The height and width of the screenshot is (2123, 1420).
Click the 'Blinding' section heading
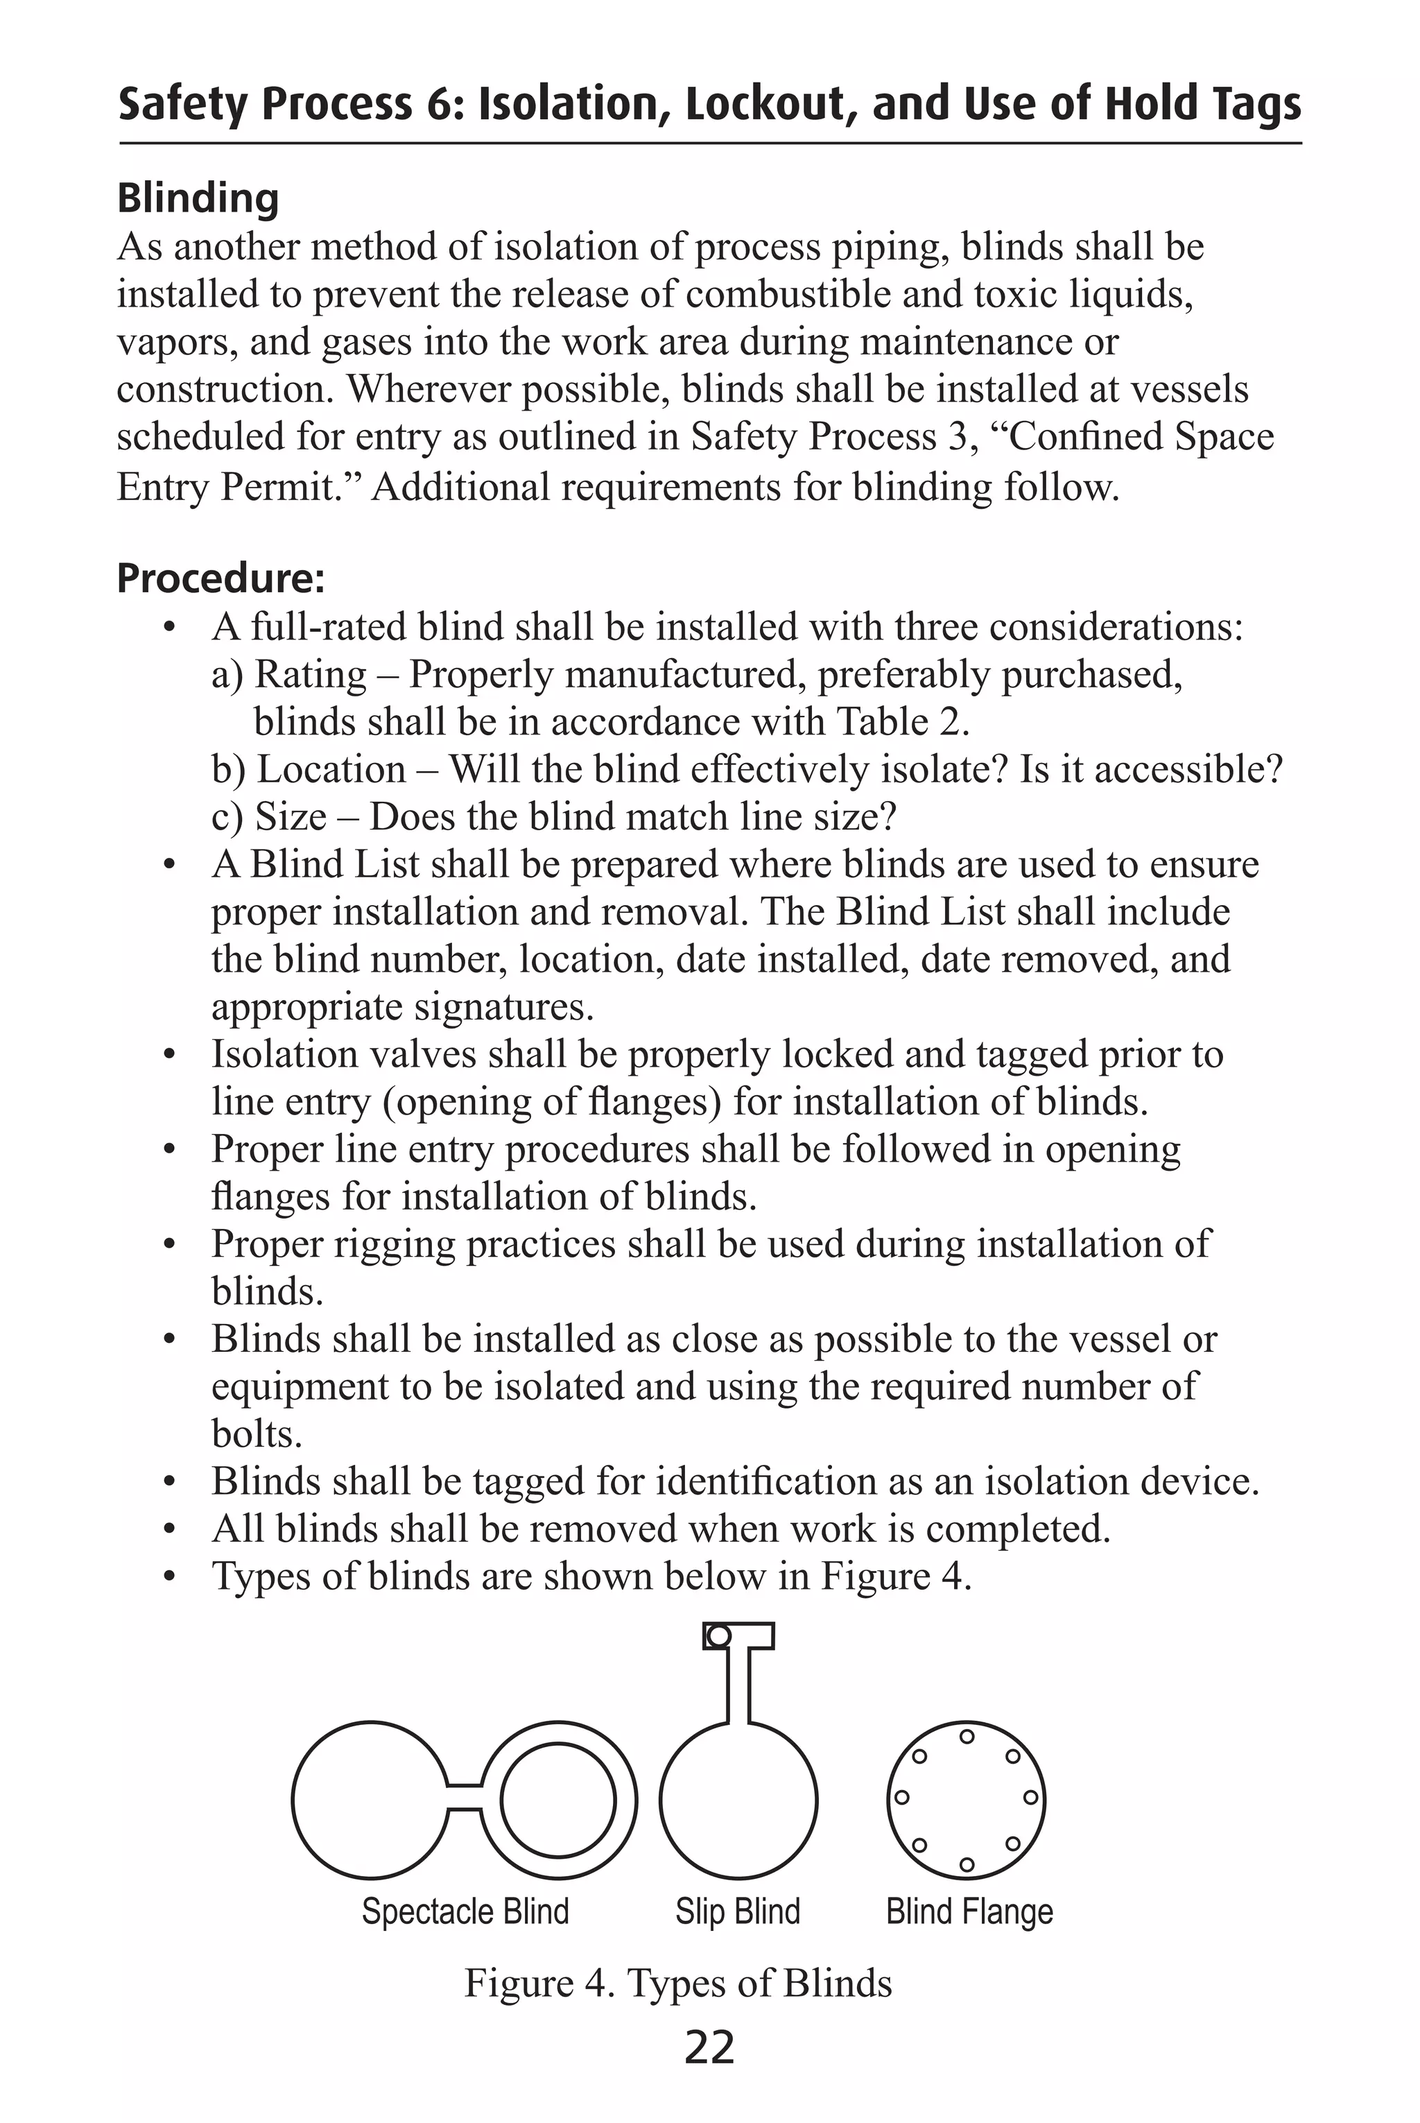pyautogui.click(x=198, y=198)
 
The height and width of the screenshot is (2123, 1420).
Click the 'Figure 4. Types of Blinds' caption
pyautogui.click(x=678, y=1983)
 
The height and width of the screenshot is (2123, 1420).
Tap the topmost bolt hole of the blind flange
pyautogui.click(x=967, y=1736)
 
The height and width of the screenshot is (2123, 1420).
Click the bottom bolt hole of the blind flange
pyautogui.click(x=967, y=1865)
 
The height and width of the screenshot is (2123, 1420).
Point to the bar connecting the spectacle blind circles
pyautogui.click(x=465, y=1798)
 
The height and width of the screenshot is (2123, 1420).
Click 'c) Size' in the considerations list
pyautogui.click(x=269, y=817)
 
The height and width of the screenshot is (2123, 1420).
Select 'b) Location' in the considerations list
pyautogui.click(x=309, y=770)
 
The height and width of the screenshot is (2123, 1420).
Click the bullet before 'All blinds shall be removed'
pyautogui.click(x=168, y=1530)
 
